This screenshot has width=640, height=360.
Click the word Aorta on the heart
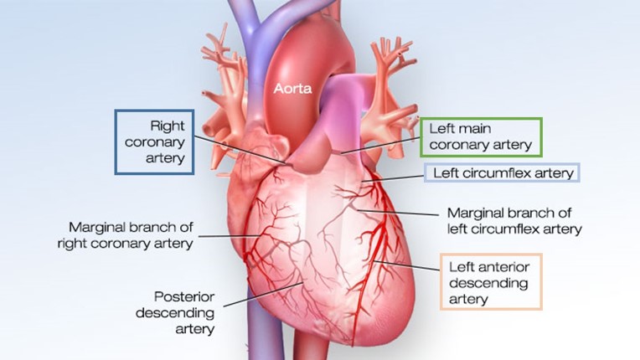pyautogui.click(x=292, y=86)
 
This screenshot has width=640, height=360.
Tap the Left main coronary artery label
pyautogui.click(x=480, y=137)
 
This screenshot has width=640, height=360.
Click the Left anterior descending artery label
pyautogui.click(x=489, y=282)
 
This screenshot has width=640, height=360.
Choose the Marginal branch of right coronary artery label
pyautogui.click(x=125, y=235)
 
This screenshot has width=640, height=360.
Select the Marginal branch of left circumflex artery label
pyautogui.click(x=514, y=220)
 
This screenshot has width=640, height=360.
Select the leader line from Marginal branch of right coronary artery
pyautogui.click(x=226, y=237)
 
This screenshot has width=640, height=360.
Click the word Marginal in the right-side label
pyautogui.click(x=473, y=213)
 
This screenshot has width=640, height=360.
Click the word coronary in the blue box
pyautogui.click(x=156, y=141)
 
